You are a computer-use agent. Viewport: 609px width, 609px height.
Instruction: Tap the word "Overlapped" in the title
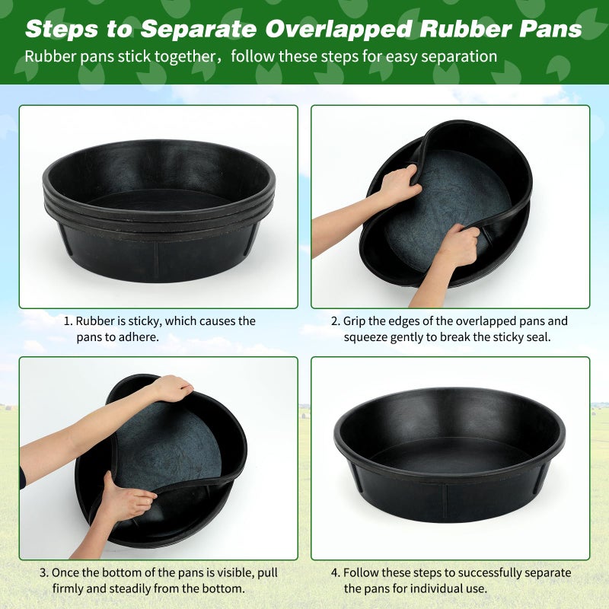339,29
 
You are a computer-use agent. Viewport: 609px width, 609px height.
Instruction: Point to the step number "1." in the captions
67,321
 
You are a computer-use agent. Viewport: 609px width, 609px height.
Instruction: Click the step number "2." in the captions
335,321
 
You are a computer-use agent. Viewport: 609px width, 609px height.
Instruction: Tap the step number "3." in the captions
44,572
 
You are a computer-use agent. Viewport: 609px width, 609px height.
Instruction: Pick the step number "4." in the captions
335,572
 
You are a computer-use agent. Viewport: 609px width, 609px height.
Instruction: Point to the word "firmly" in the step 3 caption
69,588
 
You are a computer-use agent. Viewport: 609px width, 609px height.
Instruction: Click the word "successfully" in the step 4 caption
467,572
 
